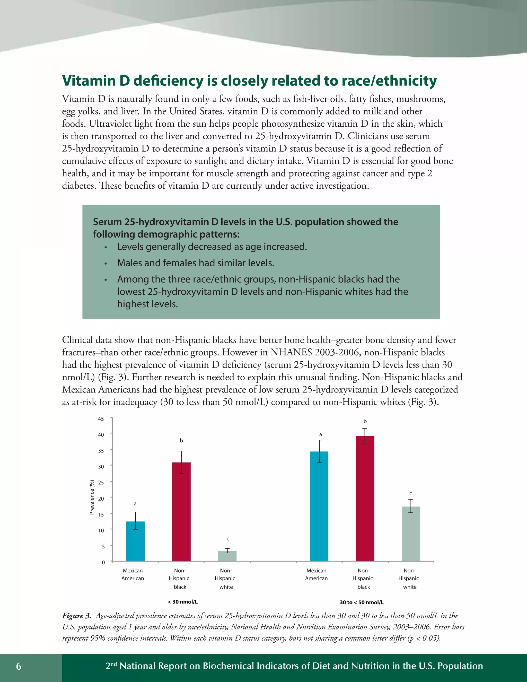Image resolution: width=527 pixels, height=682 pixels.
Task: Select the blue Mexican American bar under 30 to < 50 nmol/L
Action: coord(319,506)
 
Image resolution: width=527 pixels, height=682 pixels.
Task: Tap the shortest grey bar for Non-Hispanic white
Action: coord(227,556)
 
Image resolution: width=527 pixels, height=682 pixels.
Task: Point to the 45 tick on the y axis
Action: coord(101,419)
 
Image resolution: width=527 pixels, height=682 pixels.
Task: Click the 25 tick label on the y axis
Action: coord(101,483)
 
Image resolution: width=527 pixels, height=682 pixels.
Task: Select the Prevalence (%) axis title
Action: coord(92,497)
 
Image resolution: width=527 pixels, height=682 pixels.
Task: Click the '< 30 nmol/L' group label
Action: coord(183,602)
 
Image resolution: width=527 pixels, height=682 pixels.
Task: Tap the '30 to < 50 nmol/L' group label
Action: coord(361,602)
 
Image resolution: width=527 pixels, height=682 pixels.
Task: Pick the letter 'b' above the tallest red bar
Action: coord(365,421)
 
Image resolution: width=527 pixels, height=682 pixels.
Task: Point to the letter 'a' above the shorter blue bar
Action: coord(135,504)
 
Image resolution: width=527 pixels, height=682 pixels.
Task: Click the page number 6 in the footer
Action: coord(19,666)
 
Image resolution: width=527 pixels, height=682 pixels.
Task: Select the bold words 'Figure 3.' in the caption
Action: coord(76,616)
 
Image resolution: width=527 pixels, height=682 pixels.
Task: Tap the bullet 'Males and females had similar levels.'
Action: coord(196,263)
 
